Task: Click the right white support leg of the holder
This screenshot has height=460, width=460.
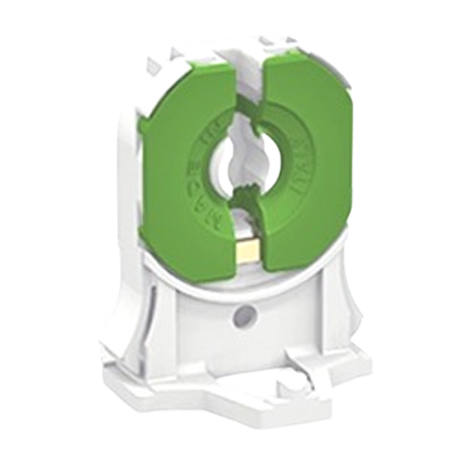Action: coord(336,315)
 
